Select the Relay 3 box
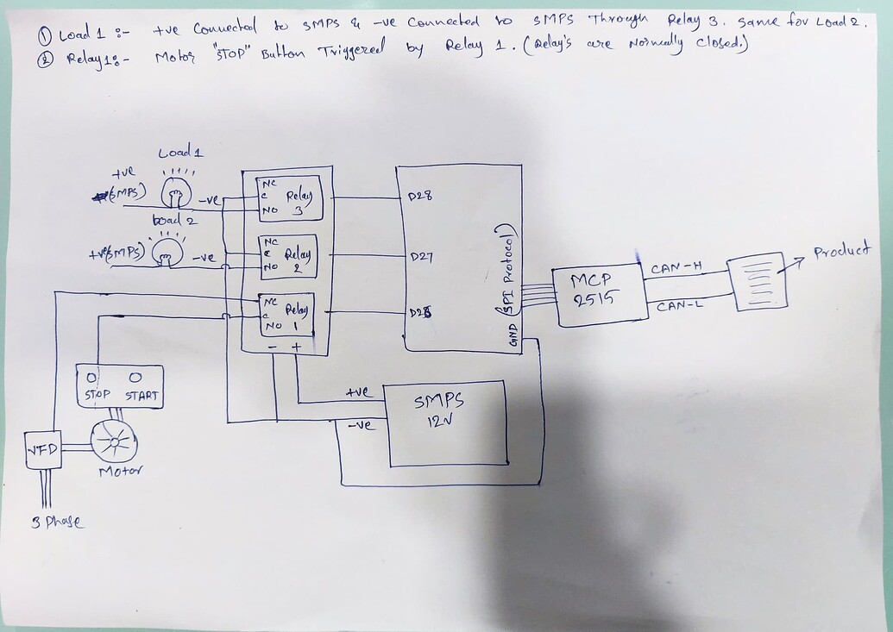coord(286,199)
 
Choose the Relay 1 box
coord(284,316)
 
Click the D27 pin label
coord(420,256)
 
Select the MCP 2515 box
coord(601,296)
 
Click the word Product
coord(841,252)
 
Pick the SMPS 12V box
coord(445,422)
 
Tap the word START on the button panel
coord(141,396)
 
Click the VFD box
coord(42,449)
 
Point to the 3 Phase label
coord(57,522)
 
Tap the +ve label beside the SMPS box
coord(356,392)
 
